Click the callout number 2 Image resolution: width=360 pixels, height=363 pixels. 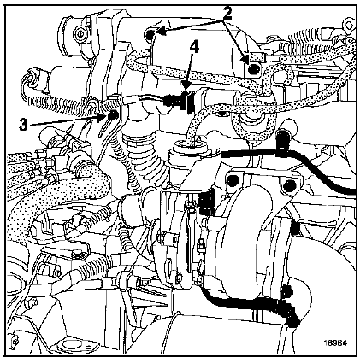pos(227,14)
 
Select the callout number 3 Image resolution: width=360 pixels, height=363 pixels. pos(23,125)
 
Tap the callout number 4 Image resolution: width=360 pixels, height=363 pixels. pos(193,47)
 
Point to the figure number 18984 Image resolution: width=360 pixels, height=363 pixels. pos(335,343)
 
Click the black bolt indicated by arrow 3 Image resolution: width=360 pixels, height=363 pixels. pos(114,114)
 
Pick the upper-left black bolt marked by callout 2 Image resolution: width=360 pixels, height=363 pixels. pos(150,35)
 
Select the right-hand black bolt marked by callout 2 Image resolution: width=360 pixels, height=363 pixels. pos(253,69)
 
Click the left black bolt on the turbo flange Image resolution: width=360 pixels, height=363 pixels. pos(233,180)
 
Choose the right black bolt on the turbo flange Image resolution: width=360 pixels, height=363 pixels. pos(289,185)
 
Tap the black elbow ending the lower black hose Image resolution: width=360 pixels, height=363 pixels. pos(289,314)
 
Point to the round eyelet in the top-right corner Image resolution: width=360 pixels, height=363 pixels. pos(349,25)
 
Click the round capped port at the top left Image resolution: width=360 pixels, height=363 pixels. pos(79,33)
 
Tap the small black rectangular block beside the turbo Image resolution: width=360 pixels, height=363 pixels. pos(207,202)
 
